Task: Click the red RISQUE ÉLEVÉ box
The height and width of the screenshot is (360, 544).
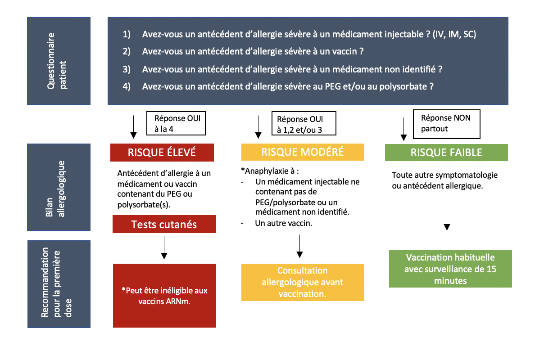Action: pos(162,152)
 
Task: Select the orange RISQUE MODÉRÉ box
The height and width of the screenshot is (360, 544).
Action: pos(302,152)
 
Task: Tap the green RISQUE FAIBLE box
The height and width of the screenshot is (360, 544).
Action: pos(446,152)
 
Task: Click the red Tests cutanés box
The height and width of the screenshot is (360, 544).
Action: pos(164,224)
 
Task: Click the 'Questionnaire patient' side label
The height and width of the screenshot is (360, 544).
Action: pos(59,61)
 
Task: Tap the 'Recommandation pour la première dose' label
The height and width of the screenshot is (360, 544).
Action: pos(59,284)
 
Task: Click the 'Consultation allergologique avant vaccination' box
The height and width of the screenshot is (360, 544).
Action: pos(303,282)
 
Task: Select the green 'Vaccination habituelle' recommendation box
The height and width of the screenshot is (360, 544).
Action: pos(450,269)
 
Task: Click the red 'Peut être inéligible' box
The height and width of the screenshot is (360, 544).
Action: pos(164,295)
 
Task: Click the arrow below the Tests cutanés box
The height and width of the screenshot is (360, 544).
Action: pos(164,247)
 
